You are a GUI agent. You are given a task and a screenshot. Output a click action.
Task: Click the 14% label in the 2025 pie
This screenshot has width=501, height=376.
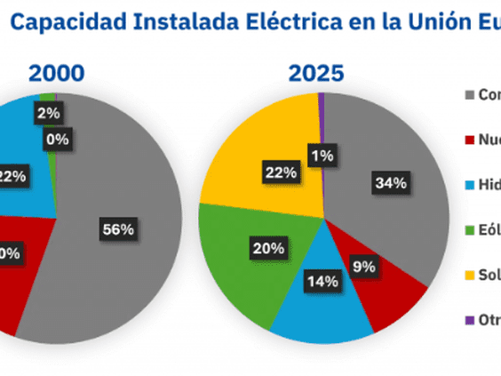tap(322, 282)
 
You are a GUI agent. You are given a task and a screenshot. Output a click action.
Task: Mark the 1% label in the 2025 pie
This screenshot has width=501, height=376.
tap(322, 156)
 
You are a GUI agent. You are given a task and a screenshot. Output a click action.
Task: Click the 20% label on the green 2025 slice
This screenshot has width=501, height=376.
tap(262, 248)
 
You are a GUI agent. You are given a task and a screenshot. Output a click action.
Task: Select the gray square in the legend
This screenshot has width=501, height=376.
tap(470, 94)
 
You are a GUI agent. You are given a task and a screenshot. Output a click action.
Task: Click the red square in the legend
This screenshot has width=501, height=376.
tap(470, 140)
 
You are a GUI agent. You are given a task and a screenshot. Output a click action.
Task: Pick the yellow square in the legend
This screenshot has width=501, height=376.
tap(470, 276)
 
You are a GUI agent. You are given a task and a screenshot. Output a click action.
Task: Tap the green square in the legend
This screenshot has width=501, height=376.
tap(470, 230)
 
